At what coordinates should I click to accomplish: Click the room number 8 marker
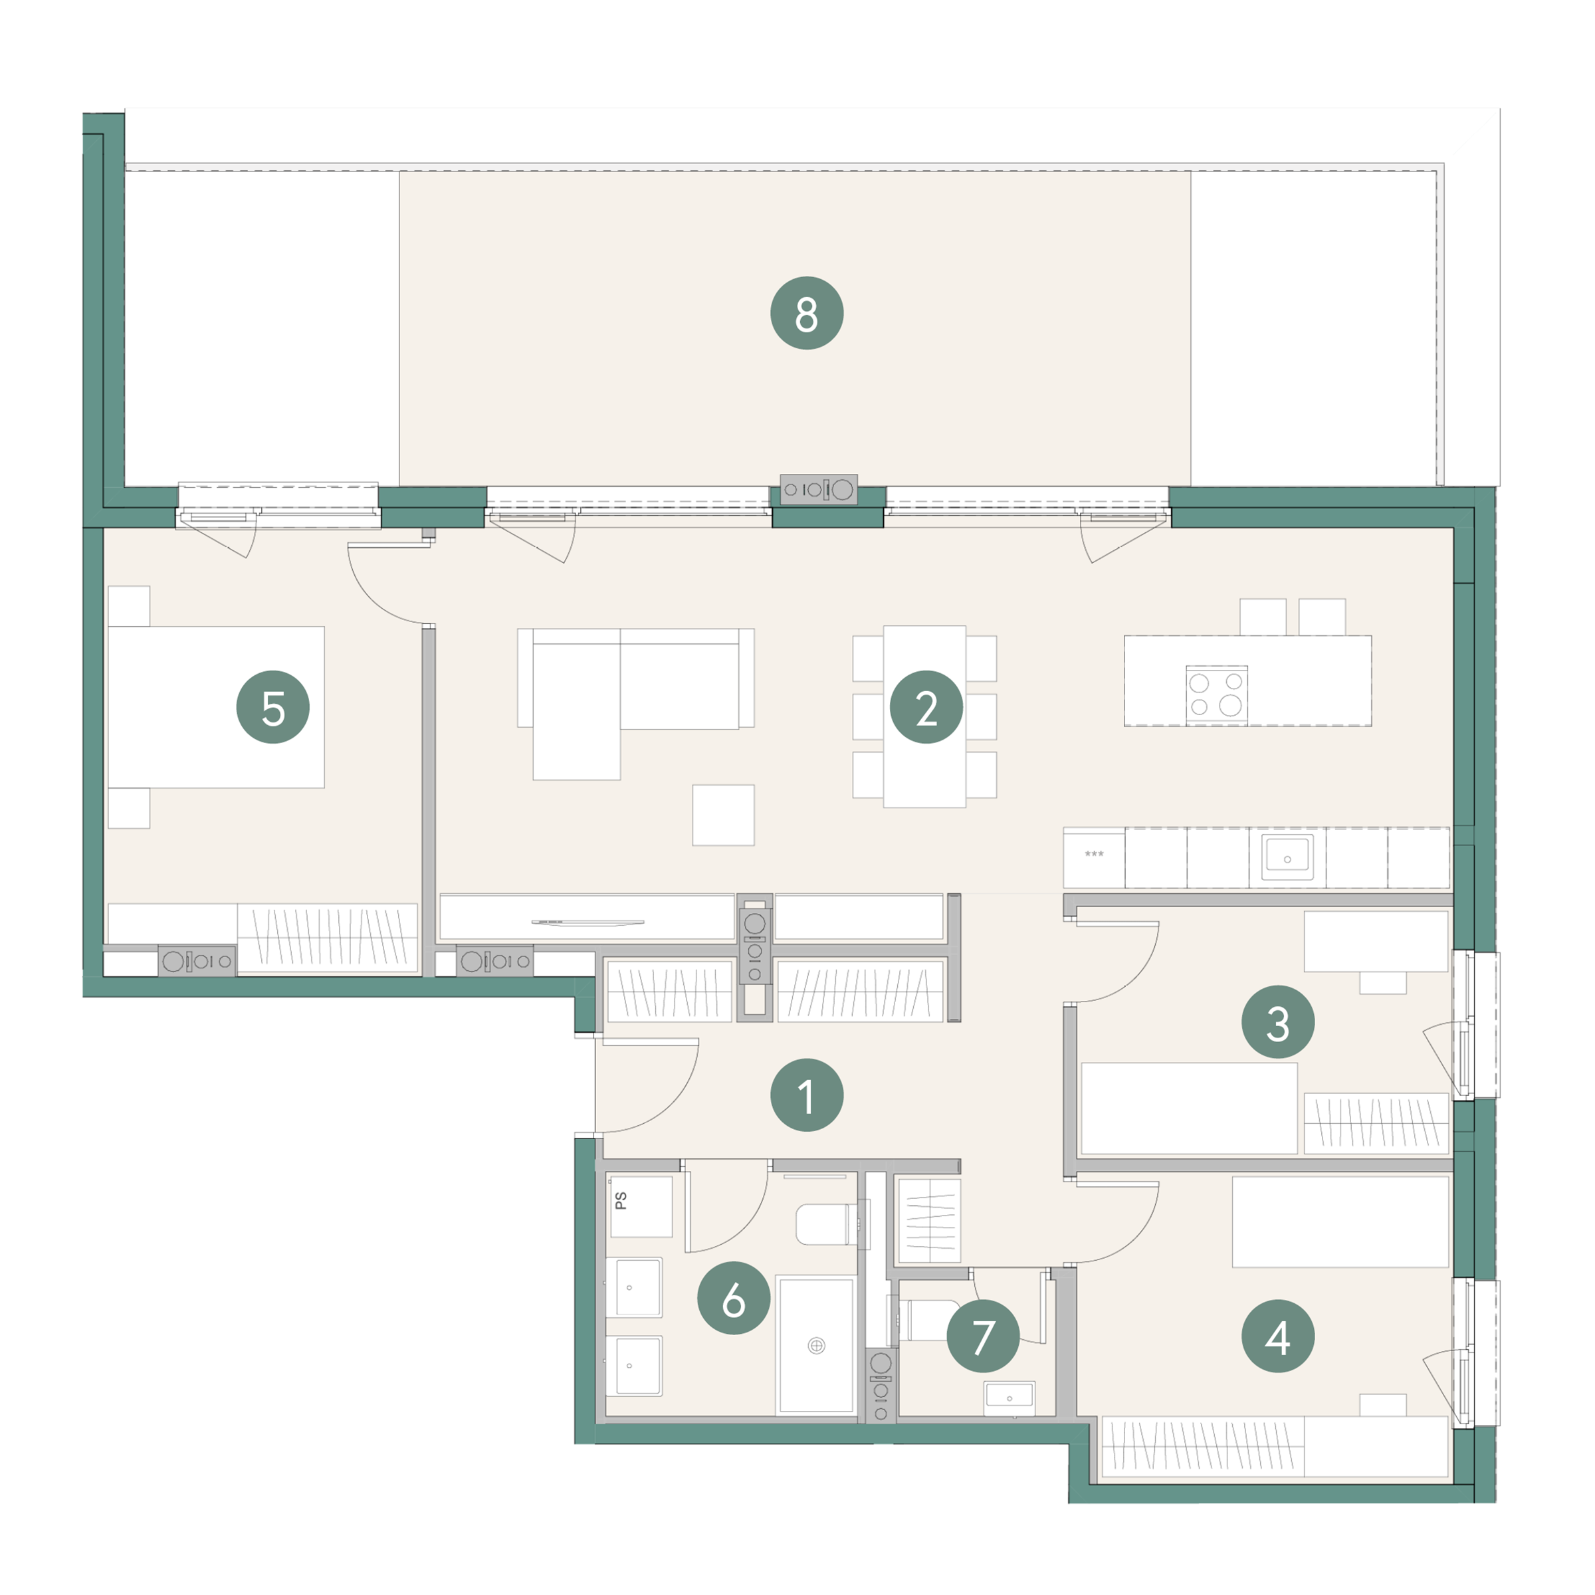(807, 313)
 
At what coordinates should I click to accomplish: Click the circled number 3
(1278, 1022)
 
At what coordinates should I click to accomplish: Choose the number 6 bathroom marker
(734, 1299)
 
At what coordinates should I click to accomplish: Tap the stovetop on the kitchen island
(1217, 695)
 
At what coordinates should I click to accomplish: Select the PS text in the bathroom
(621, 1200)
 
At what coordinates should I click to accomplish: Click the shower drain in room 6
(815, 1346)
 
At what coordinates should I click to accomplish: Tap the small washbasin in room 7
(1009, 1398)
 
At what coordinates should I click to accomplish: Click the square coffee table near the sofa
(723, 815)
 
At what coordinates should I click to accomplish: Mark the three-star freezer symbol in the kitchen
(1094, 853)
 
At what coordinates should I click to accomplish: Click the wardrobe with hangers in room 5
(328, 937)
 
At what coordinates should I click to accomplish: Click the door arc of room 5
(369, 600)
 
